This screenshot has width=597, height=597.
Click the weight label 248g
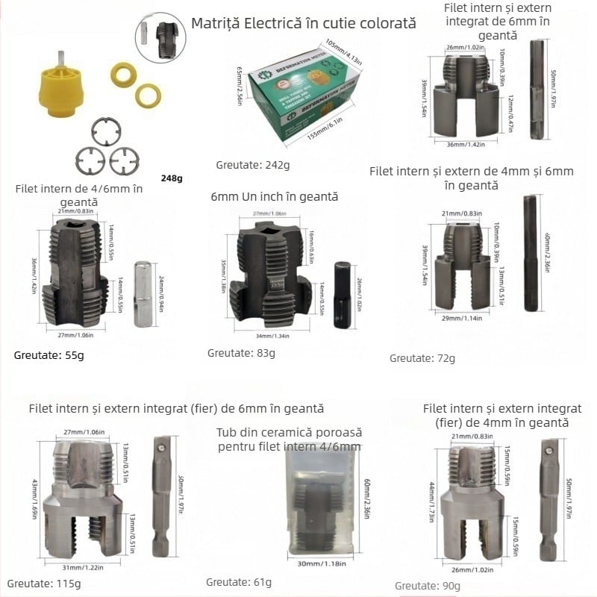pyautogui.click(x=172, y=178)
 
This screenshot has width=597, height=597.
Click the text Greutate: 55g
pyautogui.click(x=49, y=354)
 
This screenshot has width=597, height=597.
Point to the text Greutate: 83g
pyautogui.click(x=241, y=352)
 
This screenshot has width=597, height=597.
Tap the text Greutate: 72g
pyautogui.click(x=422, y=358)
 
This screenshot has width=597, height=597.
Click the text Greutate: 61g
pyautogui.click(x=239, y=582)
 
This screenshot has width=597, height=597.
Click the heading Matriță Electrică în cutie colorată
pyautogui.click(x=303, y=23)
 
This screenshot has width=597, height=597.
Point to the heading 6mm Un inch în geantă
pyautogui.click(x=275, y=197)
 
